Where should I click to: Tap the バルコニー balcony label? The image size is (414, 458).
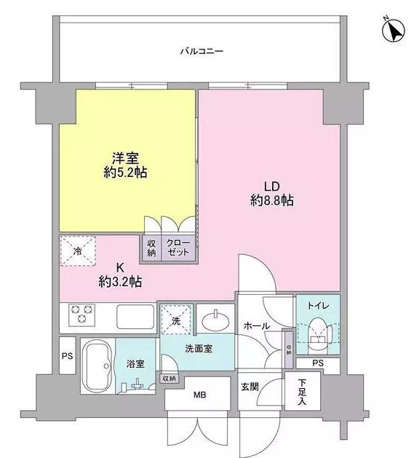pos(202,52)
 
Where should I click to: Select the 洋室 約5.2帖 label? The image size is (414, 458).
pos(125,165)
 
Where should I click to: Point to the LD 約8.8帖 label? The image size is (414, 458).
pos(272,194)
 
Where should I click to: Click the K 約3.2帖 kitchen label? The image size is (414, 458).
pos(120,275)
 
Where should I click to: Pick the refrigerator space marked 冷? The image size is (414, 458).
pos(78,251)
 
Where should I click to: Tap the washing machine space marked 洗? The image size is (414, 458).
pos(176,319)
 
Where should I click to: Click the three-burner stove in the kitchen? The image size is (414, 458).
pos(81,315)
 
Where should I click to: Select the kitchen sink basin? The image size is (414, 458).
pos(135,317)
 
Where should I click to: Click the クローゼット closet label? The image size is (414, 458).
pos(178,248)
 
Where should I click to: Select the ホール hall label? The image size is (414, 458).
pos(257,325)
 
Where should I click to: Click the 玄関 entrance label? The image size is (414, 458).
pos(250,387)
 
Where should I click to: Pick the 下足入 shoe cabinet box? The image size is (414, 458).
pos(303,391)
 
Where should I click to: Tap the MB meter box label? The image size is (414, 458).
pos(200,395)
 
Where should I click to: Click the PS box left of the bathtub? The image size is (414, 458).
pos(68,355)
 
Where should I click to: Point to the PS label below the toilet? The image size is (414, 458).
pos(318,363)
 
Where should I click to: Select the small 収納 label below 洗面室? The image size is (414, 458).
pos(169,379)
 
